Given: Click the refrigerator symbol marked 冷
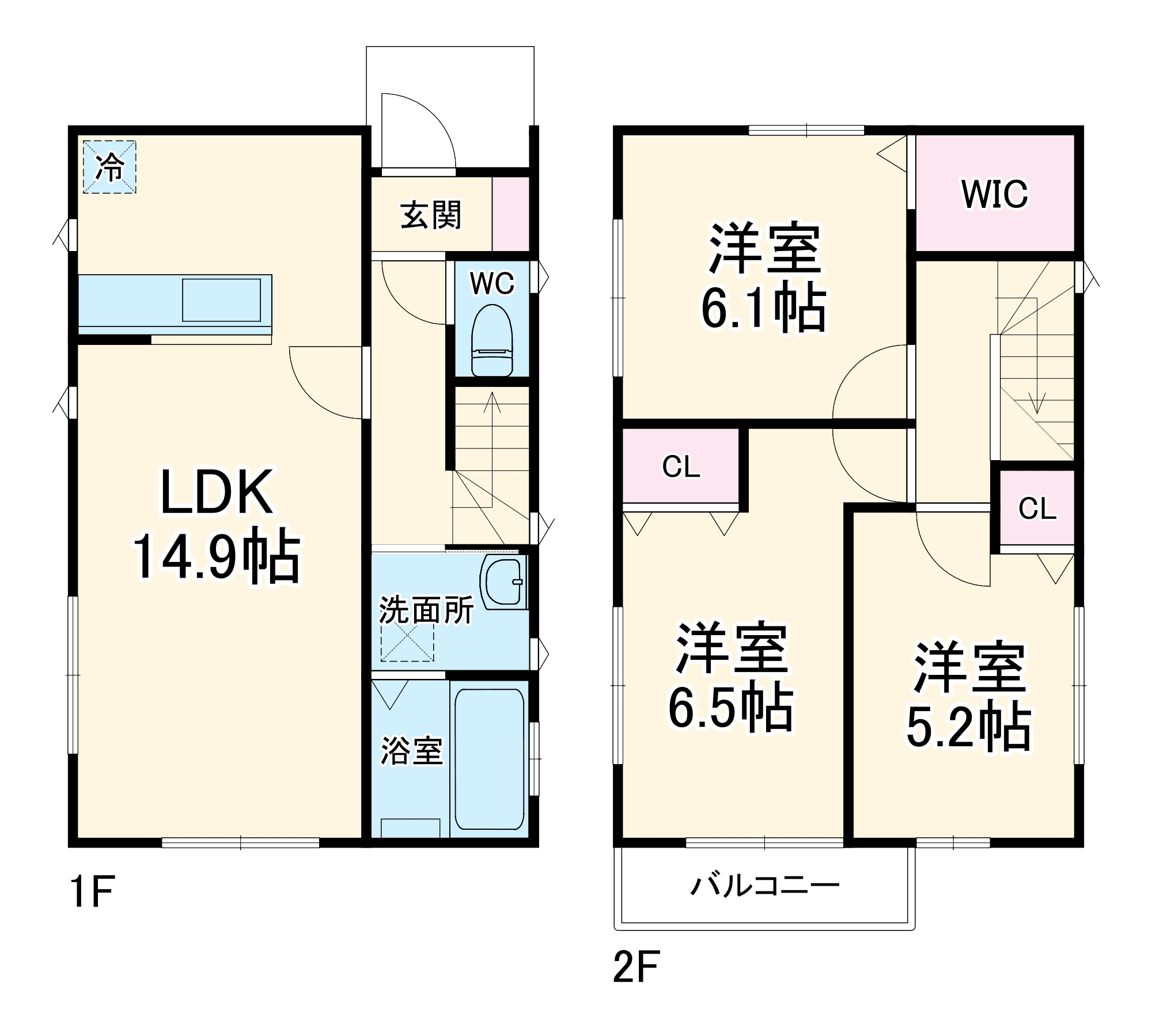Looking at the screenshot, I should point(109,167).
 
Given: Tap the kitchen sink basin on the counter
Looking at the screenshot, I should point(221,300).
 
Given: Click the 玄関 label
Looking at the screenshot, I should point(431,216).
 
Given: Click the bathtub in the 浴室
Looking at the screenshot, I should point(490,759).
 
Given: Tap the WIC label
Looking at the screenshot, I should point(995,195).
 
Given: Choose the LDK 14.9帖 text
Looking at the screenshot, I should point(217,525).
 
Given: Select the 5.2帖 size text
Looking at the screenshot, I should point(969,728).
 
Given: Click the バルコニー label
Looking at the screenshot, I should point(764,886).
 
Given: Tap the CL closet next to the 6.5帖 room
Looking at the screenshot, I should point(681,467).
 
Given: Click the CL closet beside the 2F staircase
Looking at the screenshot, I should point(1037,508).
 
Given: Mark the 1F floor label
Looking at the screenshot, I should point(92,891).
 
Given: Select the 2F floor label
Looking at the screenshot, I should point(635,966).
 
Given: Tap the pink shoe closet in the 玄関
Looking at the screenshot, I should point(510,214).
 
